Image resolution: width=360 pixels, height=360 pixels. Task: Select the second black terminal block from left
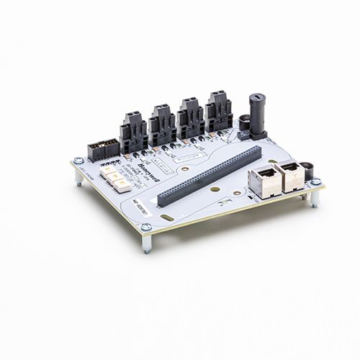tap(163, 125)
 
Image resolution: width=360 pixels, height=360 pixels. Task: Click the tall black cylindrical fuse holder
tap(256, 115)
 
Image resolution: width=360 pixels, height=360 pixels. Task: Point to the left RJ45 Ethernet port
tap(264, 183)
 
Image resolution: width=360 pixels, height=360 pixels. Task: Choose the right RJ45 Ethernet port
tap(290, 175)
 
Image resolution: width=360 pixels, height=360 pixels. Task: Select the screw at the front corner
tap(146, 227)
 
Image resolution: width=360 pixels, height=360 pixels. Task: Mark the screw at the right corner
tap(315, 182)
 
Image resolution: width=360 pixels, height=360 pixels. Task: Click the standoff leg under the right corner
tap(315, 199)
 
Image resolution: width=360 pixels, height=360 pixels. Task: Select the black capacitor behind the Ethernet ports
tap(308, 170)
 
